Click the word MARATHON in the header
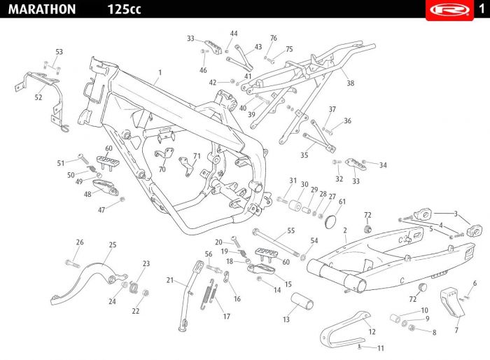coord(42,9)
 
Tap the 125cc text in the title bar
coord(124,9)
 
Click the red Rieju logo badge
coord(449,10)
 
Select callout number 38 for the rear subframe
coord(350,83)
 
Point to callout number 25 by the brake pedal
coord(113,244)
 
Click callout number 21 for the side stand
coord(169,280)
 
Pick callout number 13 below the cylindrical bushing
coord(286,319)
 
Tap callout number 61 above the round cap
coord(342,202)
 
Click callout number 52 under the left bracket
coord(38,97)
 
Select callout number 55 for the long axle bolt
coord(291,230)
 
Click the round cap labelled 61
coord(330,221)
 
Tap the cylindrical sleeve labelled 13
coord(302,301)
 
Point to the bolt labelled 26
coord(73,263)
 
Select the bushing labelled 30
coord(295,206)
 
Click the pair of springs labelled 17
coord(209,294)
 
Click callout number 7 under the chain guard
coord(456,330)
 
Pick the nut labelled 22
coord(146,293)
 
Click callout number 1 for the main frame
coord(160,73)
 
